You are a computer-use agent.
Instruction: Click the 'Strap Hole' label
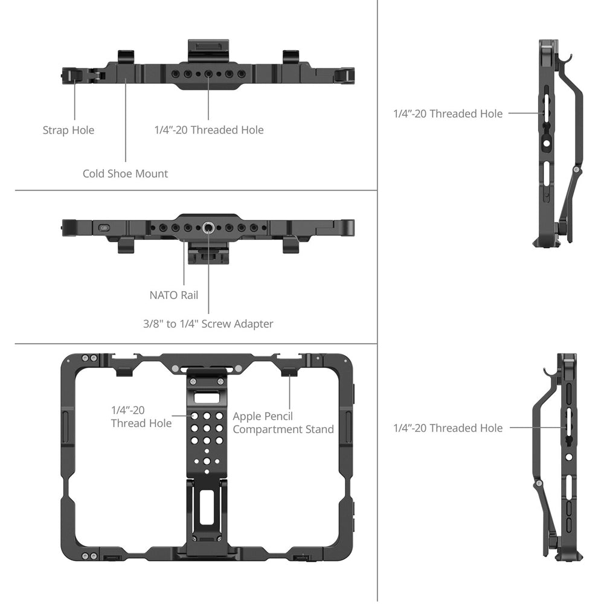(x=69, y=130)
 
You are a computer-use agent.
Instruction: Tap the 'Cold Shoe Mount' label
(x=125, y=174)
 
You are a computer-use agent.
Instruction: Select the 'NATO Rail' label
(x=174, y=295)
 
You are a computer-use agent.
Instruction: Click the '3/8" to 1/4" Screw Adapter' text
(x=208, y=324)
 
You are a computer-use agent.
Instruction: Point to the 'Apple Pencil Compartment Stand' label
(x=283, y=423)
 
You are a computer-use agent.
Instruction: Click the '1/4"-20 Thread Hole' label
(x=141, y=417)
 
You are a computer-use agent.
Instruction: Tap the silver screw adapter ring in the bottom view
(x=208, y=228)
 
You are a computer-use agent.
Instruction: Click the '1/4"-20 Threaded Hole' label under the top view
(x=209, y=130)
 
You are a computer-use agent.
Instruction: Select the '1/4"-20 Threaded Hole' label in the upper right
(x=448, y=114)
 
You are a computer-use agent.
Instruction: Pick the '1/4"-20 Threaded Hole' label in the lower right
(x=448, y=428)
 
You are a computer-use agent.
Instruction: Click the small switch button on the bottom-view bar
(x=104, y=228)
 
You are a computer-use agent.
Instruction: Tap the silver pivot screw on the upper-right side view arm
(x=576, y=169)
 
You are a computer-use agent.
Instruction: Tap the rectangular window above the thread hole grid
(x=207, y=398)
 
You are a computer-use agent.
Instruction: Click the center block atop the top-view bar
(x=207, y=50)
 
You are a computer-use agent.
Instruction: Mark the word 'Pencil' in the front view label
(x=277, y=416)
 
